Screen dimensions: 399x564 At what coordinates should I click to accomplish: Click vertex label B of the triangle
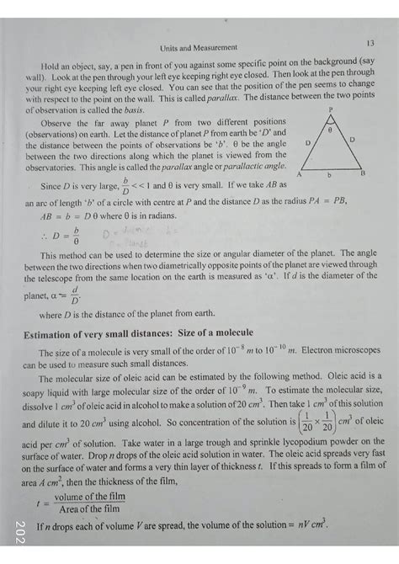click(x=362, y=173)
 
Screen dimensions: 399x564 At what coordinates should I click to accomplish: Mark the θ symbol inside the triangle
click(x=330, y=130)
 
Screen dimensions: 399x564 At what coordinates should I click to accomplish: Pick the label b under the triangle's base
click(x=329, y=175)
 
